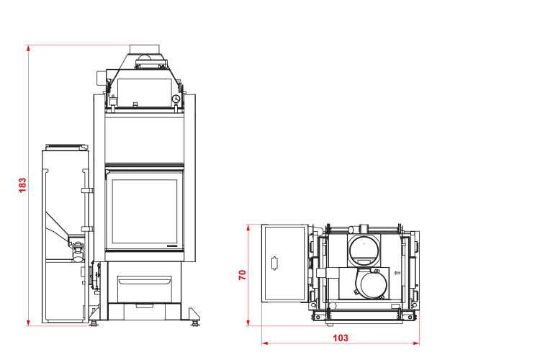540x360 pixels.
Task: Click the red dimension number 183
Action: [x=22, y=185]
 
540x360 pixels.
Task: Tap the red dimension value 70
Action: [x=243, y=274]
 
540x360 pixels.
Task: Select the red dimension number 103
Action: [x=341, y=338]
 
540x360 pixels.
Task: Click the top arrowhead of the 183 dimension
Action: [x=28, y=48]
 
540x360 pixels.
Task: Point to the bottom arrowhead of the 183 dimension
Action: [x=28, y=323]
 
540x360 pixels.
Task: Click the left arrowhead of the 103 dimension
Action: [x=265, y=343]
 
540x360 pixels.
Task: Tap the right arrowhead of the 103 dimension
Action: [x=416, y=343]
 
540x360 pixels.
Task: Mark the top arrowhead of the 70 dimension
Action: [x=248, y=228]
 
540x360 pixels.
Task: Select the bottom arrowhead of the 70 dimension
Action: [x=248, y=323]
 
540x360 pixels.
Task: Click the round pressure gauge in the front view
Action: [x=176, y=99]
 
